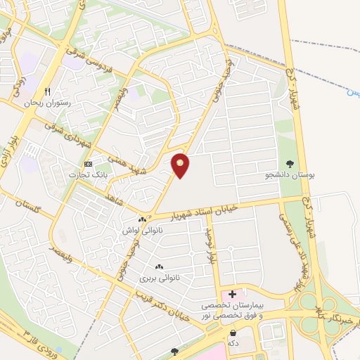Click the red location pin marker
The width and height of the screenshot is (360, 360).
coord(181,165)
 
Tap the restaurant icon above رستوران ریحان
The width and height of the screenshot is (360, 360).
coord(48,91)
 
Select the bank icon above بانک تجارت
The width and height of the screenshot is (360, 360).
coord(88,163)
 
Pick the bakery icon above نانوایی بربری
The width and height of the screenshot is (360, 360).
coord(159,266)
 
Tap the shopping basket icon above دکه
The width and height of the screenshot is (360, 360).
coord(233,332)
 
